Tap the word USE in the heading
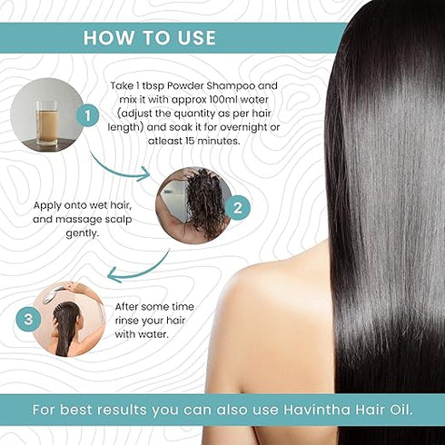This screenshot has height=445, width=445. pyautogui.click(x=197, y=38)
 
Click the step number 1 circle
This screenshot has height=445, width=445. pyautogui.click(x=88, y=115)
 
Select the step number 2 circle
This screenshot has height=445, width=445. pyautogui.click(x=238, y=208)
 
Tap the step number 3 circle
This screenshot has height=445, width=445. pyautogui.click(x=28, y=320)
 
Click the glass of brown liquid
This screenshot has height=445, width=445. pyautogui.click(x=46, y=123)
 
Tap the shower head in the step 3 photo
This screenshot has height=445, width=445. pyautogui.click(x=51, y=293)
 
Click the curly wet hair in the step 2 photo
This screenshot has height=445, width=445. pyautogui.click(x=203, y=203)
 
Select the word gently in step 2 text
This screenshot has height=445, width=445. pyautogui.click(x=83, y=233)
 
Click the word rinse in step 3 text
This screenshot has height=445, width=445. pyautogui.click(x=128, y=321)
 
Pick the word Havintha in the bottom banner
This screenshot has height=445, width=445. pyautogui.click(x=317, y=410)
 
